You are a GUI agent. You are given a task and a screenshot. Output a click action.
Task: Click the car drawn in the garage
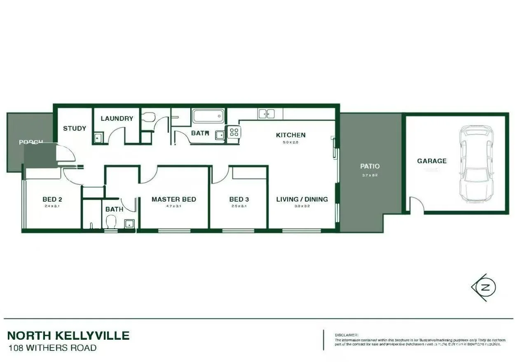pos(477,164)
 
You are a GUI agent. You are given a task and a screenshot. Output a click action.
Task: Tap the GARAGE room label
pos(431,161)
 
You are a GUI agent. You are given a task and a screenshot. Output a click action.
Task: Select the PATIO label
pos(370,167)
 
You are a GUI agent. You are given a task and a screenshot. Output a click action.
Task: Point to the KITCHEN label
pos(290,135)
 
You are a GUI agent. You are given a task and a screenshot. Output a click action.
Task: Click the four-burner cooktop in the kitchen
pos(234,132)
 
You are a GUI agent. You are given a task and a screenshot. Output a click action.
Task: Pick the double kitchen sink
pos(267,113)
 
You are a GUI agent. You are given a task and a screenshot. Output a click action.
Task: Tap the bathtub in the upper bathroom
pos(208,116)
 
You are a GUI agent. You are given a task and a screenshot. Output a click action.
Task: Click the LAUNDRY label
pos(117,119)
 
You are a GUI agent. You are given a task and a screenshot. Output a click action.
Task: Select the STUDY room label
pos(75,129)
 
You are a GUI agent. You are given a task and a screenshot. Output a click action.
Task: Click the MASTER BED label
pos(173,200)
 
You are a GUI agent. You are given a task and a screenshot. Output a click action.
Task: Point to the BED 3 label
pos(239,200)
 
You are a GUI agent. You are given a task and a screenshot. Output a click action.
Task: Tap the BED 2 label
pos(52,200)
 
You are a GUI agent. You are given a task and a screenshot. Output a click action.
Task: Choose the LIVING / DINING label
pos(302,200)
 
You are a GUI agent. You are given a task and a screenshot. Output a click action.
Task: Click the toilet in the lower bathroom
pos(111,223)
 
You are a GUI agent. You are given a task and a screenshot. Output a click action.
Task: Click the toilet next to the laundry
pos(147,117)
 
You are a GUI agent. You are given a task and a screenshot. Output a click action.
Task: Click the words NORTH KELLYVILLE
pos(68,336)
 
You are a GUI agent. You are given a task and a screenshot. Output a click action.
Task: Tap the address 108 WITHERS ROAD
pos(52,348)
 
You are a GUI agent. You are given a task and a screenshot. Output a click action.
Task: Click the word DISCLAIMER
pos(346,335)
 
